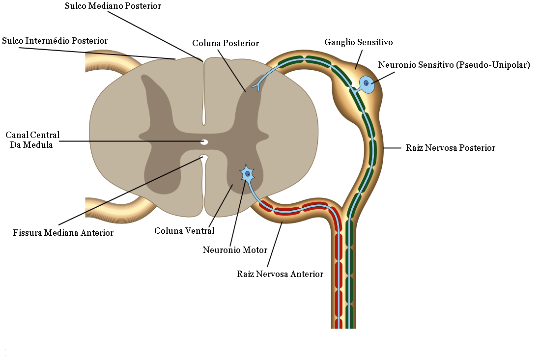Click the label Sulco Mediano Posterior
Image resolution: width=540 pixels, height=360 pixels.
pos(113,6)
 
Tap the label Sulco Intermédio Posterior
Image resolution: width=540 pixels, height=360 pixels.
pos(55,41)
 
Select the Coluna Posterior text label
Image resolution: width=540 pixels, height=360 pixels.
pos(226,43)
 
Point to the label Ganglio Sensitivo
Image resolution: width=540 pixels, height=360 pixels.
pos(358,42)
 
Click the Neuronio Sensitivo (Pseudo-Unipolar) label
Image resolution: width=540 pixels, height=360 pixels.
pos(454,65)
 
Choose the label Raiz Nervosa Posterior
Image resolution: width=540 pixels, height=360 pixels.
pos(450,148)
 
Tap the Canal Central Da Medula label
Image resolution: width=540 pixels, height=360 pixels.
pos(32,140)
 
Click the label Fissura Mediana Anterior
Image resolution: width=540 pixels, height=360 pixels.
pos(63,233)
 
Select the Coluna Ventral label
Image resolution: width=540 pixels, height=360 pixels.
pos(184,231)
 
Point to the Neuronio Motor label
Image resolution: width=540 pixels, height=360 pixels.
pos(235,250)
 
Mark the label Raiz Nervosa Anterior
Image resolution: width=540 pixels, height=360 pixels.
pos(280,274)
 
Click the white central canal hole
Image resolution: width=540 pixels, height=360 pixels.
pos(204,142)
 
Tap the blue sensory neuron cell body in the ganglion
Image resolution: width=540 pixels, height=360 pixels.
pos(367,84)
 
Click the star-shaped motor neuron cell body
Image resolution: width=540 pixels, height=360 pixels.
pos(248,174)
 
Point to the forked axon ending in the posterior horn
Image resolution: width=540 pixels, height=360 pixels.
pos(256,86)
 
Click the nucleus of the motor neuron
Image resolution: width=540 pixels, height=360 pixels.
pos(248,174)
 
